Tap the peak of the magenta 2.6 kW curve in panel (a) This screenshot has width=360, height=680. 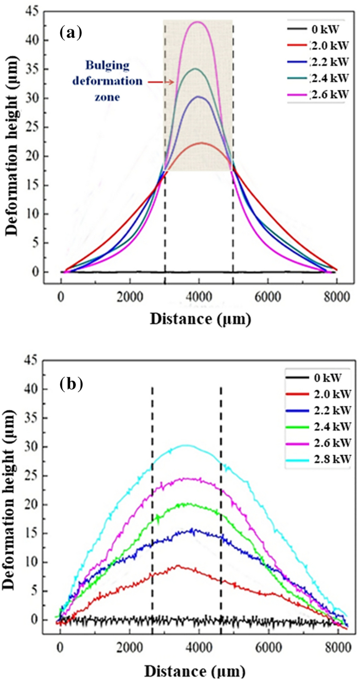(199, 22)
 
